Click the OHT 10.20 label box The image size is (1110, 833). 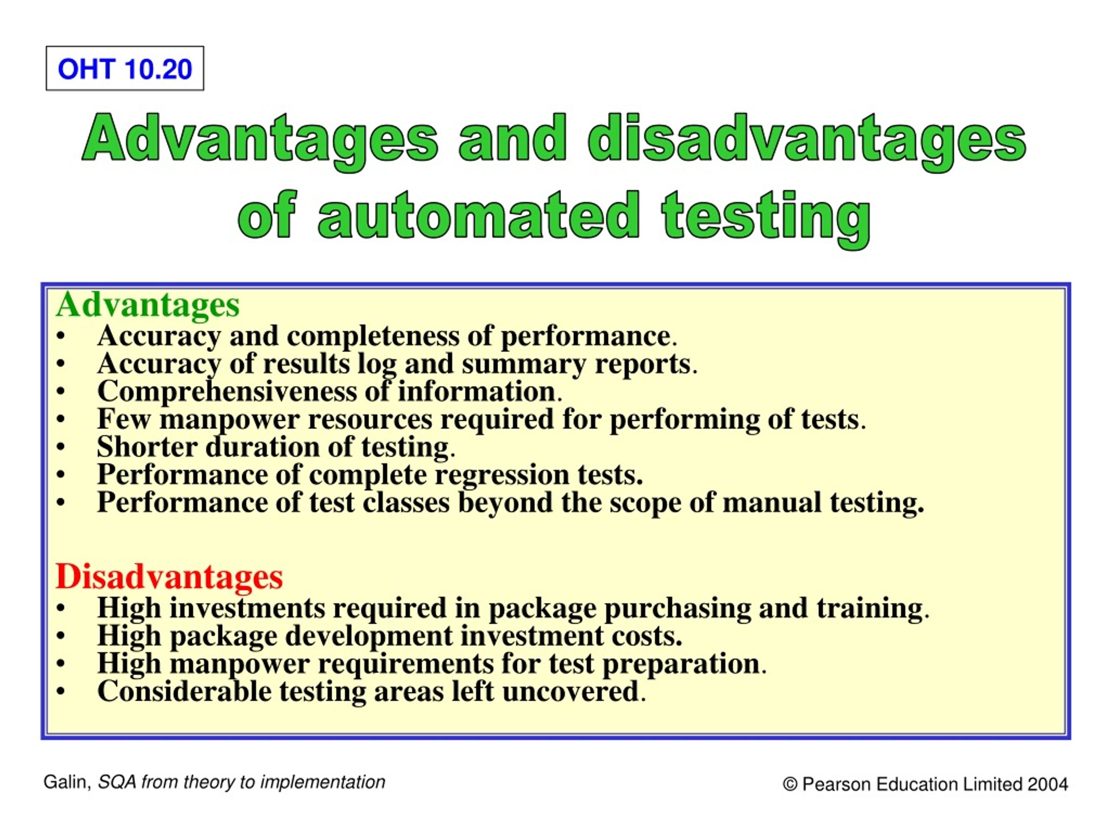coord(125,69)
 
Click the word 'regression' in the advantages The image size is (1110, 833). coord(502,475)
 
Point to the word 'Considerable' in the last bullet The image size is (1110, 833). coord(184,692)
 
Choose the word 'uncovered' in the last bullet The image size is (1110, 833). coord(571,692)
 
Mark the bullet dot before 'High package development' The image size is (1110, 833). coord(61,636)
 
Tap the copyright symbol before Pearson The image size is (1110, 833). coord(790,784)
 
